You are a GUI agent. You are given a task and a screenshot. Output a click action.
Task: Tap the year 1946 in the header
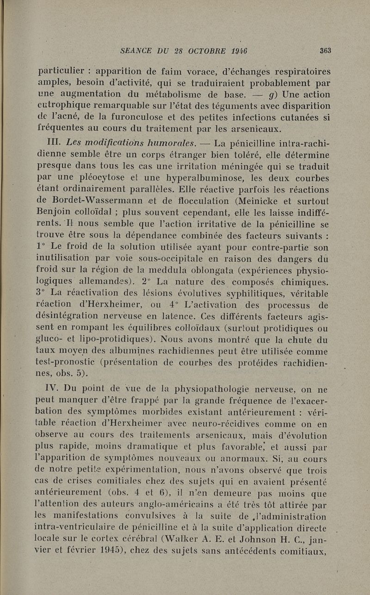coord(240,51)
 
